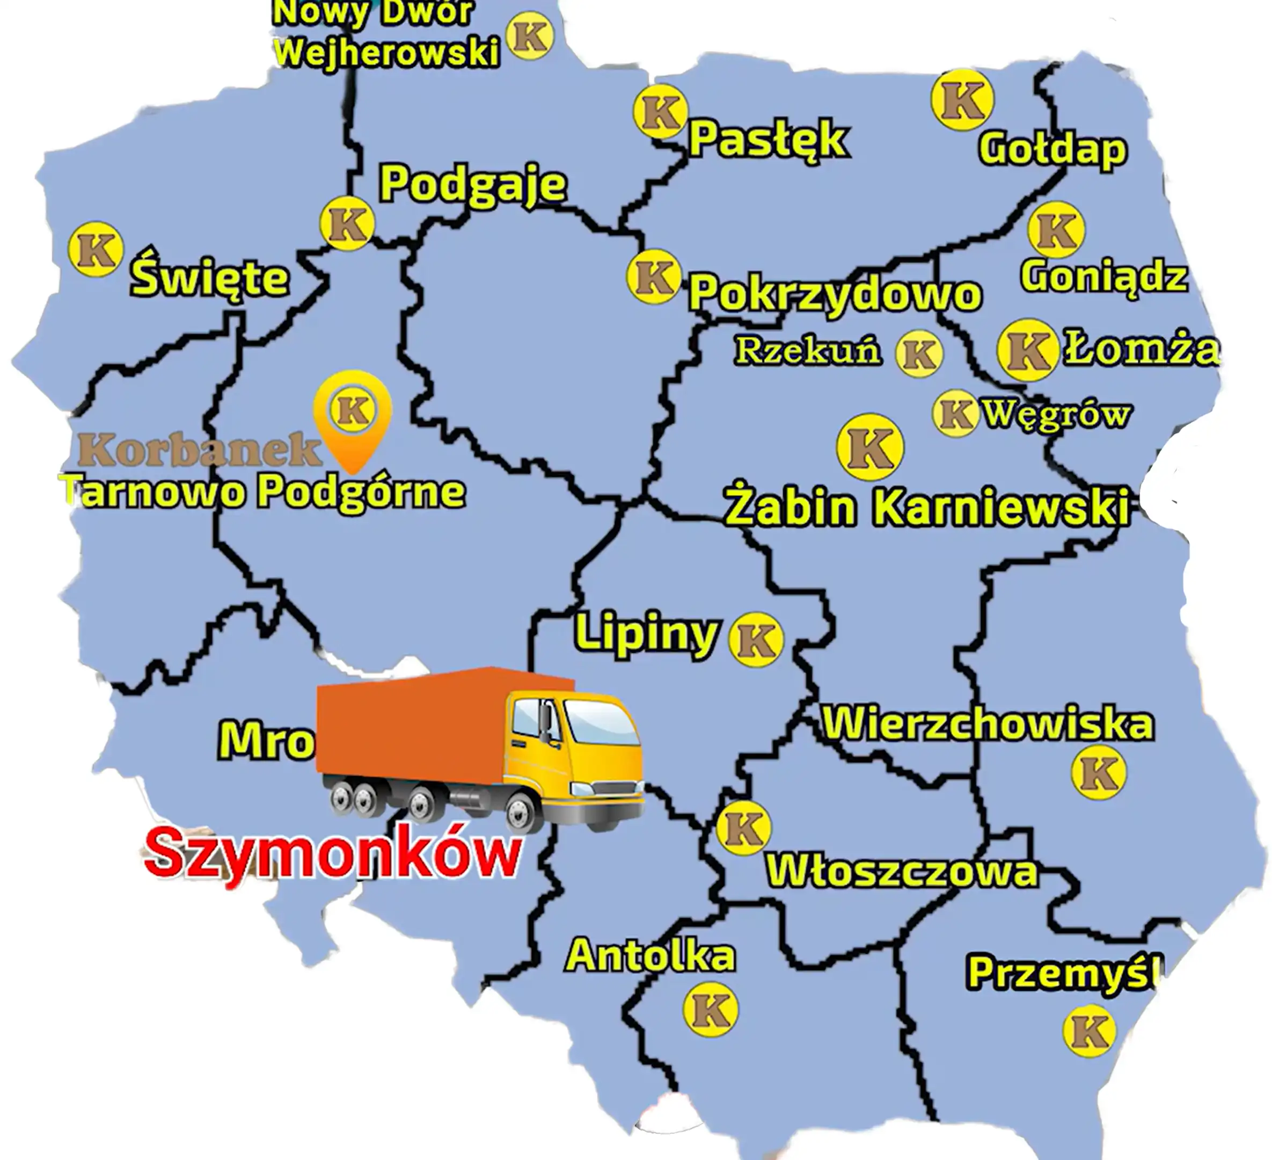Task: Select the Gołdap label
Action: click(x=1052, y=150)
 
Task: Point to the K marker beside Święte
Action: click(x=96, y=249)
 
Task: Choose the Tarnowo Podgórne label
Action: click(x=264, y=491)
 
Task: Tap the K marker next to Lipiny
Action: click(x=756, y=640)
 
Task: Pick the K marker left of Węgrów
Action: click(x=955, y=414)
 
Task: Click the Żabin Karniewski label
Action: click(x=926, y=506)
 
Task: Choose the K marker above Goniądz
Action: click(x=1056, y=229)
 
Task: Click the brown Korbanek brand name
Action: click(x=199, y=450)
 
